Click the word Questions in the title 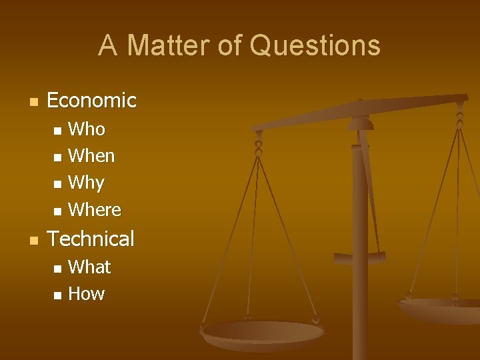point(315,45)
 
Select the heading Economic point(91,101)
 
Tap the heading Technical point(91,239)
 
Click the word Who point(87,129)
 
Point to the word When point(91,156)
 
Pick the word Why point(87,183)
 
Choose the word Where point(95,210)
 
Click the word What point(89,267)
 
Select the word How point(87,294)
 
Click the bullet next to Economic point(31,102)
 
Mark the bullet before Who point(57,130)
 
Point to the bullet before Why point(57,184)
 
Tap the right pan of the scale point(440,309)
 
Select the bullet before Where point(57,211)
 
